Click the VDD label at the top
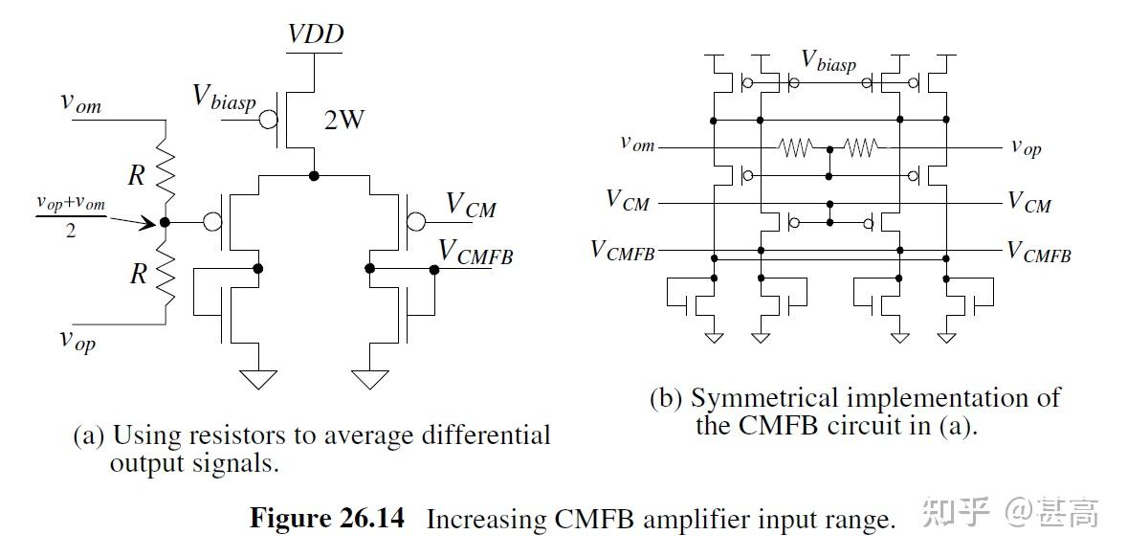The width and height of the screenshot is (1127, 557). [x=316, y=35]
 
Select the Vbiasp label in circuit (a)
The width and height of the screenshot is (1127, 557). [x=225, y=97]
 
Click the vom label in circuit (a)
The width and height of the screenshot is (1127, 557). [x=81, y=102]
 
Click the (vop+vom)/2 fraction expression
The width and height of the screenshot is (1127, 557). [x=70, y=217]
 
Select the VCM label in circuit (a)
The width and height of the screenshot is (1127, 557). [x=471, y=206]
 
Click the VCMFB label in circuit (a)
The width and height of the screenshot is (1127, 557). [x=476, y=251]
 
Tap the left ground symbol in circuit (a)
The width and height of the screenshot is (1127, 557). [x=256, y=380]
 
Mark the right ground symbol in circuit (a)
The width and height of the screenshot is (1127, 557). [x=371, y=380]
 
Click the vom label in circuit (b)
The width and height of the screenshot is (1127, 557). [x=637, y=144]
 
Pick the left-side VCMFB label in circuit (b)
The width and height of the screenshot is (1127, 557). [x=623, y=251]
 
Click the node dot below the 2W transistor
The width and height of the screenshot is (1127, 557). [x=314, y=176]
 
